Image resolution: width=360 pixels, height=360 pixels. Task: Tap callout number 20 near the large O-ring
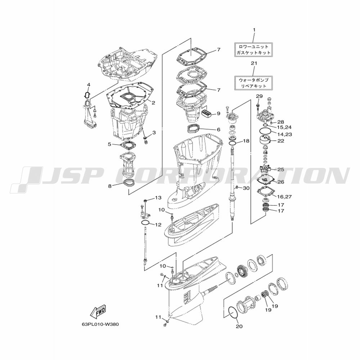(239, 326)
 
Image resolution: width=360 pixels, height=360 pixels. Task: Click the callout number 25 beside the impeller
(281, 170)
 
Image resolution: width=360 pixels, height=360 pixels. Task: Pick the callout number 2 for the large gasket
(153, 103)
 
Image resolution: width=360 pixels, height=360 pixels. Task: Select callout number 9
(219, 113)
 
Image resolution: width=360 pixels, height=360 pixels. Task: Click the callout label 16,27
(285, 197)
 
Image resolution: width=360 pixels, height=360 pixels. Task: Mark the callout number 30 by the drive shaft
(246, 188)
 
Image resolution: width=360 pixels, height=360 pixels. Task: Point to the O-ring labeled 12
(145, 223)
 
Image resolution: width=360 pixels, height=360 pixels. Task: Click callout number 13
(158, 198)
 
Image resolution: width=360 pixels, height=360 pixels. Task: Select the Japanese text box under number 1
(253, 50)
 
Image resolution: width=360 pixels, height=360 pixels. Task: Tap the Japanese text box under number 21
(253, 83)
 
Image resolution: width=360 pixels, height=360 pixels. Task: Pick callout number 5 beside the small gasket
(109, 144)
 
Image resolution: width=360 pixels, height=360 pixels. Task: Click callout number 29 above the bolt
(259, 96)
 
